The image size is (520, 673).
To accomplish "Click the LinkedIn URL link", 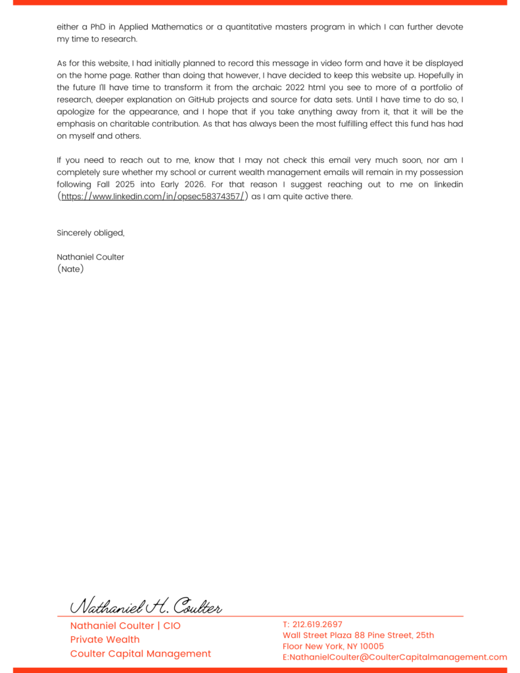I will coord(153,197).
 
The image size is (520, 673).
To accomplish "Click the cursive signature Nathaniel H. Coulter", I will coord(146,606).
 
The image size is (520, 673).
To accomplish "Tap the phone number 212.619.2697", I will coord(318,624).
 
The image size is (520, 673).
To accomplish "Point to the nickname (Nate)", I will coord(70,269).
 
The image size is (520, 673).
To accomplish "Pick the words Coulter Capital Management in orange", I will coord(141,654).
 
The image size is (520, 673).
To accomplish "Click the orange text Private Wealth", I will coord(105,639).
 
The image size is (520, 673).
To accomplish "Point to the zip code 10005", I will coord(371,646).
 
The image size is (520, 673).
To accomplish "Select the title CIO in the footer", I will coord(172,626).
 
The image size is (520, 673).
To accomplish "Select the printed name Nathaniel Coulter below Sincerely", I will coord(90,257).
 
